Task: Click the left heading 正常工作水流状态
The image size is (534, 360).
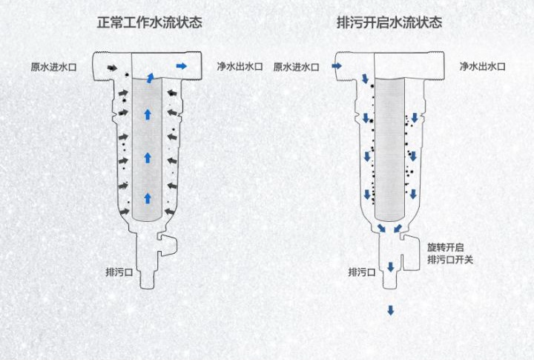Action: coord(150,22)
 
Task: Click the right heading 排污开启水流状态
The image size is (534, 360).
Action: coord(389,22)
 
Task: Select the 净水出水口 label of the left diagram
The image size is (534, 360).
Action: coord(240,67)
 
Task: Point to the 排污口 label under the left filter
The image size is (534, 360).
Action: coord(119,272)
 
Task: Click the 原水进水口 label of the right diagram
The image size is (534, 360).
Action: coord(296,67)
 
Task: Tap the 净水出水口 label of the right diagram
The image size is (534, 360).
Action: coord(482,67)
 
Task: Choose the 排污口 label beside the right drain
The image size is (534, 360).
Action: coord(361,272)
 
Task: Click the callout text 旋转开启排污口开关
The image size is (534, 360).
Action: coord(449,253)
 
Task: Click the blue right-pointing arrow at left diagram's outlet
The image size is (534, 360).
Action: coord(182,67)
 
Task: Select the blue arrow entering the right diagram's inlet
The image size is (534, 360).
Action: coord(336,67)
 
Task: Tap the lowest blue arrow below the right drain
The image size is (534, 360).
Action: coord(390,310)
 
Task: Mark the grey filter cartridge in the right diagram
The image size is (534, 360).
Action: coord(390,148)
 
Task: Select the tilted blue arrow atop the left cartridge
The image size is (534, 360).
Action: coord(151,78)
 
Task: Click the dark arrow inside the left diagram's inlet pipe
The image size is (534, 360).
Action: coord(111,68)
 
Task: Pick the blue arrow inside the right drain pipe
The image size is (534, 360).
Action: coord(390,266)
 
